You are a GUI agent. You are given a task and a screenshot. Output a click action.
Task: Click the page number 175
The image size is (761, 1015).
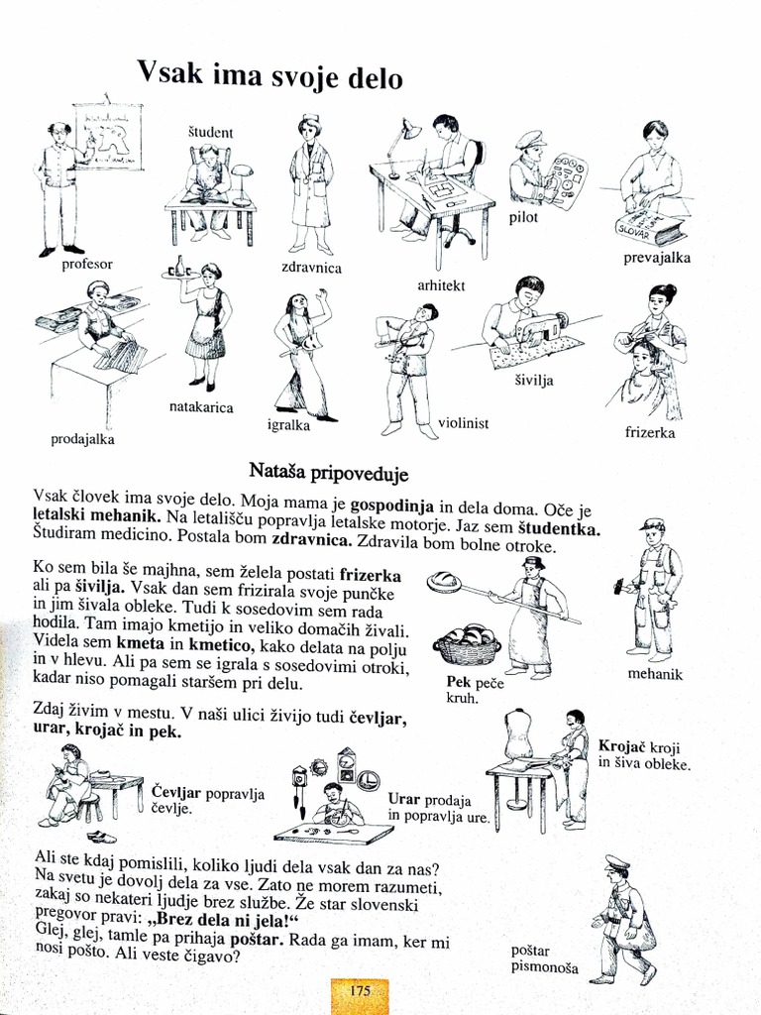pos(359,991)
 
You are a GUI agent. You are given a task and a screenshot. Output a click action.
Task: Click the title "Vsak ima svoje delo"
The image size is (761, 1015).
pos(270,76)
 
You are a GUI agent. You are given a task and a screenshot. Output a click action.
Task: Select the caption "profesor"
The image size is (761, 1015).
pos(87,265)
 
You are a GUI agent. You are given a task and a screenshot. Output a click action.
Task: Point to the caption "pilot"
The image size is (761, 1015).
pos(523,218)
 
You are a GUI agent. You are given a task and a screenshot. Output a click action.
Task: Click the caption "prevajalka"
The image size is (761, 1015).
pos(656,259)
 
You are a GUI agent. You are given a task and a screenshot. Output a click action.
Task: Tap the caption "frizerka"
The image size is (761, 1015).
pos(651,432)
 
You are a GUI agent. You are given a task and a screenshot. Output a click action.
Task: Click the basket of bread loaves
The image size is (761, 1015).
pos(467,645)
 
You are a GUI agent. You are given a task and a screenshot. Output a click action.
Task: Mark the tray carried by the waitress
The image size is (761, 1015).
pos(180,274)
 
